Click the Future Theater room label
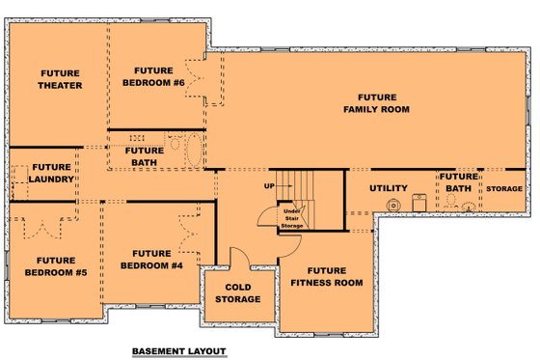pos(59,78)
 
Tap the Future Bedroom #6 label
pos(153,76)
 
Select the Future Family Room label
pos(376,103)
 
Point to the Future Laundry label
pos(51,173)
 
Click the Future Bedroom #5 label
pos(55,265)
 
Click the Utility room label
pos(389,187)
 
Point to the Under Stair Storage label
pos(291,218)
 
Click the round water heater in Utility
pos(392,205)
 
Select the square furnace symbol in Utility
pos(418,202)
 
